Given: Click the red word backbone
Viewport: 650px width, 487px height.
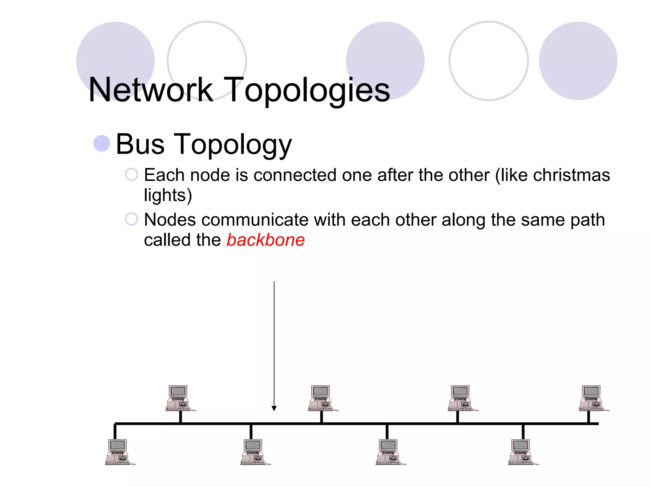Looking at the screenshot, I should [x=266, y=240].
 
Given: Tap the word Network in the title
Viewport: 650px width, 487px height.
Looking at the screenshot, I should [x=151, y=90].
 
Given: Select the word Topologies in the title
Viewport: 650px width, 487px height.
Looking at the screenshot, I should [x=307, y=91].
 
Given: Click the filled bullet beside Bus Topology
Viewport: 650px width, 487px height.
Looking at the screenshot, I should [x=102, y=143].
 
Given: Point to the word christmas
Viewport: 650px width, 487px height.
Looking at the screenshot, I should [x=571, y=175].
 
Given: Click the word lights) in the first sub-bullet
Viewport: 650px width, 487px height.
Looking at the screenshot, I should [x=168, y=195].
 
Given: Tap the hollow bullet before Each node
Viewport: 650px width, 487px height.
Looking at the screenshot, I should [x=131, y=174].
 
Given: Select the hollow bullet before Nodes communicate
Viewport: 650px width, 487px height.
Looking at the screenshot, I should [x=131, y=219].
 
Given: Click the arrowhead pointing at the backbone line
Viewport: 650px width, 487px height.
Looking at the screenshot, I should [x=274, y=408].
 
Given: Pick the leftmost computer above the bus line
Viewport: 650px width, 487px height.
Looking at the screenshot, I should [x=180, y=398].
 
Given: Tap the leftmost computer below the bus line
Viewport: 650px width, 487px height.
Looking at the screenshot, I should [x=119, y=452].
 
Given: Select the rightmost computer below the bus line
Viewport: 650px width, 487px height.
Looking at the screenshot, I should [x=522, y=452].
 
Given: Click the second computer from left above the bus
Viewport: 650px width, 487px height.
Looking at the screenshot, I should [x=322, y=398].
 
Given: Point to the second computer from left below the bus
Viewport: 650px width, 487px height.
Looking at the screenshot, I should [x=255, y=452].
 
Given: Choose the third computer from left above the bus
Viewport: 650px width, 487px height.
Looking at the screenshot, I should [x=462, y=398].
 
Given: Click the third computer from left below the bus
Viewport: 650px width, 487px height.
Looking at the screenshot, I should [x=390, y=452].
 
